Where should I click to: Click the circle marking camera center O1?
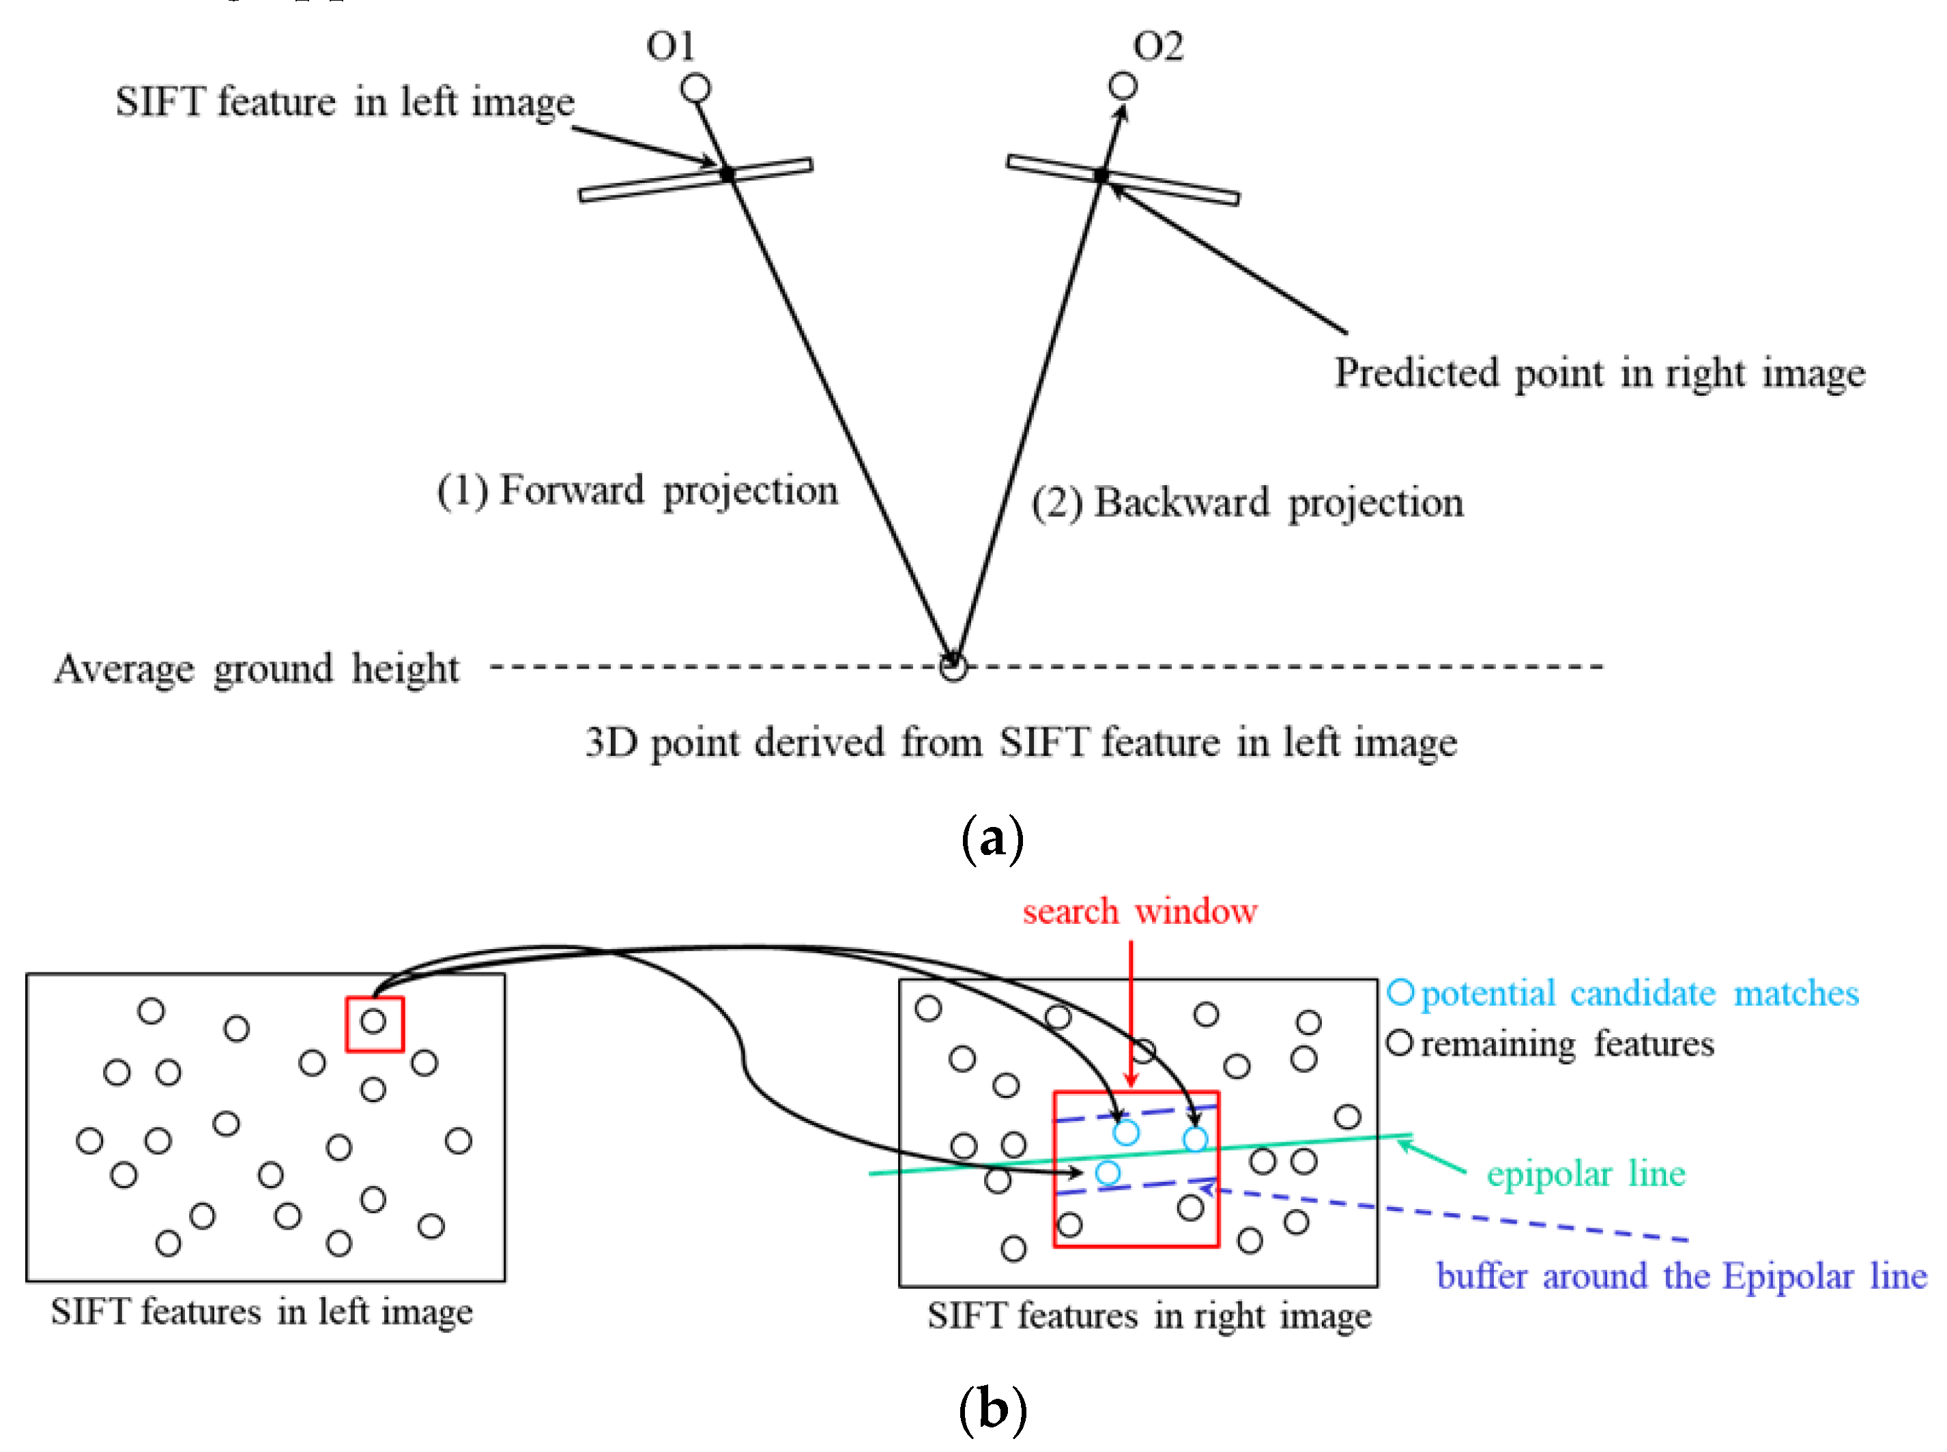695,88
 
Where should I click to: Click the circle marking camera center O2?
1123,86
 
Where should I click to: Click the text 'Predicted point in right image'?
1599,373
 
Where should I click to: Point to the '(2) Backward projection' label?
1247,503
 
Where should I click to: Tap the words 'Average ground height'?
256,669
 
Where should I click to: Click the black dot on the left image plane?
727,174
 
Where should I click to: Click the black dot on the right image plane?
1101,176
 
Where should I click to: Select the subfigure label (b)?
992,1409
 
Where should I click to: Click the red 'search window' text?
1139,912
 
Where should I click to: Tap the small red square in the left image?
375,1024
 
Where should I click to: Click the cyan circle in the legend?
1400,993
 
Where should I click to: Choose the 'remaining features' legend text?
1566,1044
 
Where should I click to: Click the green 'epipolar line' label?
1585,1174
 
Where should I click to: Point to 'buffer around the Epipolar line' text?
1681,1276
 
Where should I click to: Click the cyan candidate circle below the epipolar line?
1108,1172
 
